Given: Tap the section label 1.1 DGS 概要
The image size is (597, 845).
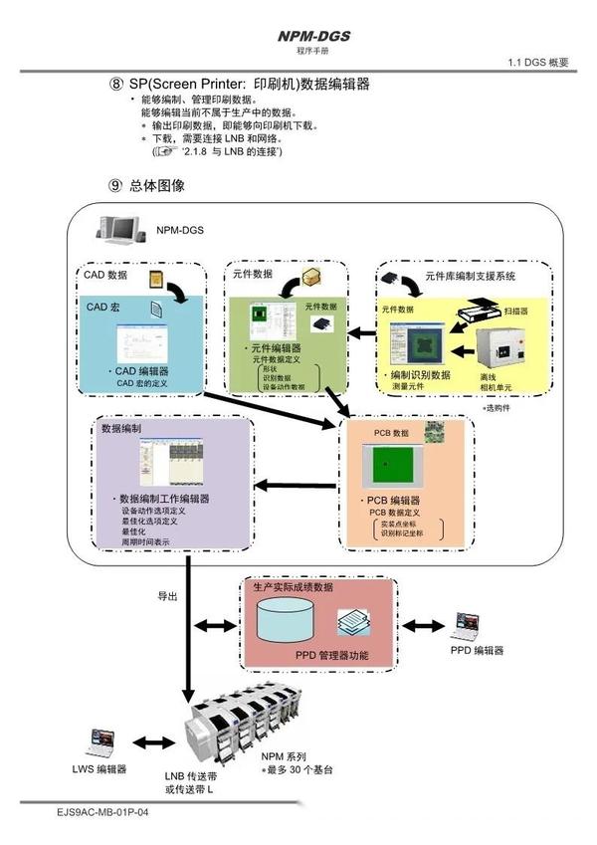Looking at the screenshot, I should pos(538,63).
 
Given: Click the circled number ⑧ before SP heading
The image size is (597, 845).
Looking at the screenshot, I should pos(115,85).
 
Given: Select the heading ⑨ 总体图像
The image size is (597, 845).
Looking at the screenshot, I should pos(146,185).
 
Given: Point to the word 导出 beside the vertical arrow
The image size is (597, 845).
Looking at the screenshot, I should pos(167,596).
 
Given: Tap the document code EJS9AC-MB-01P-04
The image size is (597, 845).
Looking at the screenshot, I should pos(102,812).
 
